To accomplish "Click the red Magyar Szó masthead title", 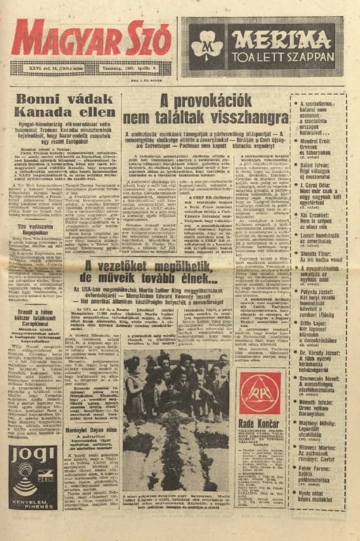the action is tap(91, 38).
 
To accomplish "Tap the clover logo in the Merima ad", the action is tap(207, 42).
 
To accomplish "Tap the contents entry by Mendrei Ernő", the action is tap(316, 148).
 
